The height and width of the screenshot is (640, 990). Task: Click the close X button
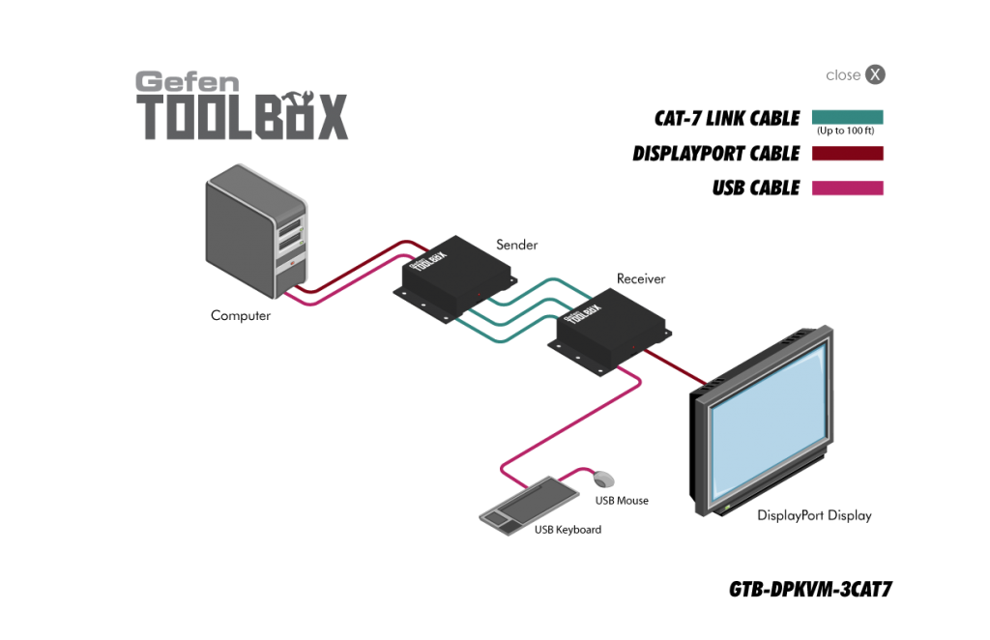point(875,74)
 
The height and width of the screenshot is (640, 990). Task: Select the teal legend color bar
point(847,117)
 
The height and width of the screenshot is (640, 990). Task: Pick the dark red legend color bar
point(847,154)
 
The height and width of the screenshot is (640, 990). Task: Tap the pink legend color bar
point(847,189)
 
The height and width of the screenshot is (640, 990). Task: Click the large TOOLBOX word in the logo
point(244,118)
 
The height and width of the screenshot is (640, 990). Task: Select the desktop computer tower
point(253,230)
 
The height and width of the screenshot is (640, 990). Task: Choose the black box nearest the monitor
point(609,329)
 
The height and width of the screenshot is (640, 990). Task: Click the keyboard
point(529,503)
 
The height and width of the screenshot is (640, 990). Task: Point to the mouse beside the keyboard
point(604,479)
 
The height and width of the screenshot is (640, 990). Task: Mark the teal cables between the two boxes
point(522,309)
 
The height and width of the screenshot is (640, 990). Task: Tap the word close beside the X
point(843,75)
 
